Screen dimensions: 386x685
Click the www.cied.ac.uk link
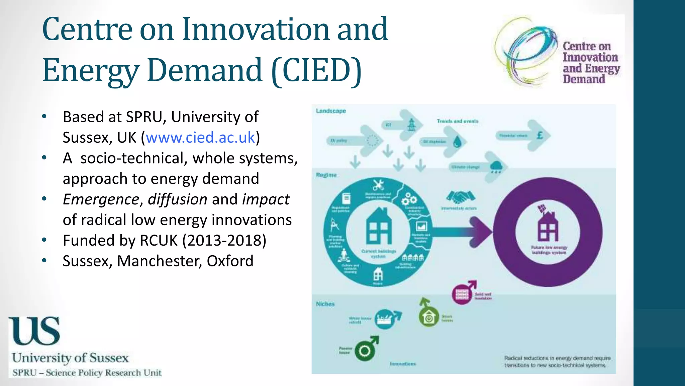point(200,138)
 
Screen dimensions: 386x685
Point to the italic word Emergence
point(101,200)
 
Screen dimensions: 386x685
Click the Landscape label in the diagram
point(331,111)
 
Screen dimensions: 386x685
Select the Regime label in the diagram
point(326,175)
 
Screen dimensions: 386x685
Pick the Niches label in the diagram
point(325,304)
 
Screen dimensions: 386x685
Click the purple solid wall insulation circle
point(462,295)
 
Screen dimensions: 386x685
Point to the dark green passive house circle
point(365,351)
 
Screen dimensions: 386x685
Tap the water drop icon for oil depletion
point(457,142)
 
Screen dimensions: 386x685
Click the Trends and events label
point(458,121)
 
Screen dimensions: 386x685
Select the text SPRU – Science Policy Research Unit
point(87,373)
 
